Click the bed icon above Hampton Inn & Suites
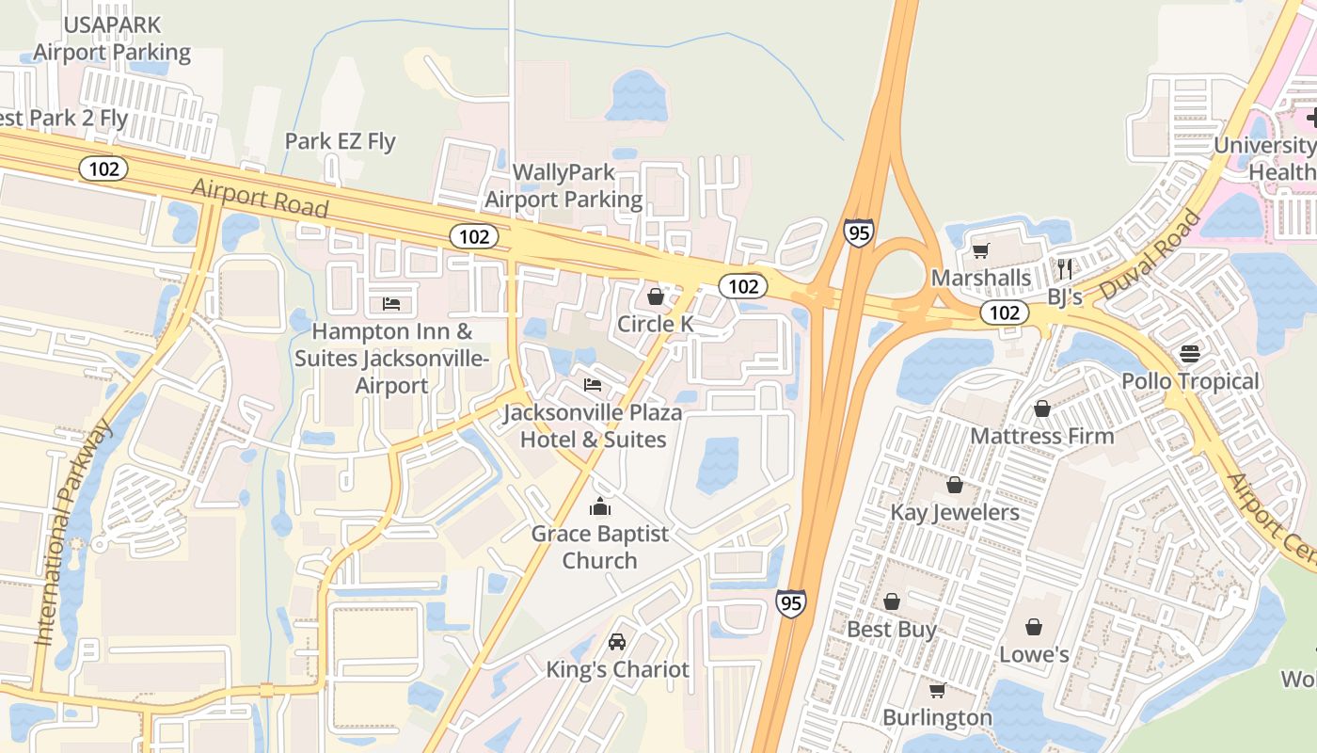[x=391, y=304]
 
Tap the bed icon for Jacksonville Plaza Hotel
[x=593, y=385]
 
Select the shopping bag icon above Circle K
[x=656, y=297]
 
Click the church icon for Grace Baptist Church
[x=600, y=507]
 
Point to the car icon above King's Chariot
[x=617, y=642]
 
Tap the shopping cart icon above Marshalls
[x=981, y=251]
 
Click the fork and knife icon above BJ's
[x=1065, y=268]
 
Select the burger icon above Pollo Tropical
[x=1190, y=354]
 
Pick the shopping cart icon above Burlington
[x=937, y=691]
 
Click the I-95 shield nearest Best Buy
[x=791, y=603]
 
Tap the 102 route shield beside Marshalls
[x=1005, y=312]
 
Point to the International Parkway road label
[x=73, y=533]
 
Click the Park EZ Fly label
[x=341, y=142]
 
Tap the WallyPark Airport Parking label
[x=563, y=186]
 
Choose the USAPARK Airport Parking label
[x=112, y=39]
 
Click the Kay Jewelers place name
[x=955, y=513]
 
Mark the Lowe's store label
[x=1034, y=655]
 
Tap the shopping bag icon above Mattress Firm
[x=1042, y=409]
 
